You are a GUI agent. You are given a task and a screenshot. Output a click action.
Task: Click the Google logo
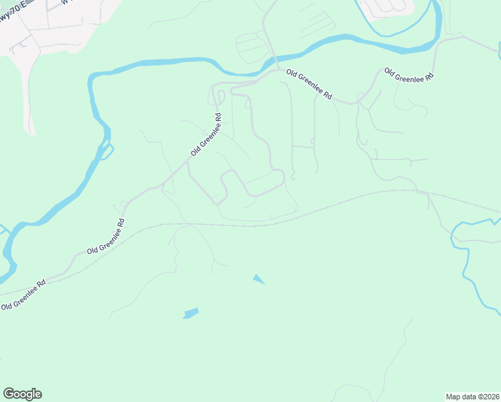click(x=22, y=394)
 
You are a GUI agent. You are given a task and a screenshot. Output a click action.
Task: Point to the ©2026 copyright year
click(x=488, y=397)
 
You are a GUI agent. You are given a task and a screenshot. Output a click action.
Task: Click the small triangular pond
click(x=258, y=279)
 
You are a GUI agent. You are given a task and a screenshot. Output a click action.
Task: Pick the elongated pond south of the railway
click(x=191, y=313)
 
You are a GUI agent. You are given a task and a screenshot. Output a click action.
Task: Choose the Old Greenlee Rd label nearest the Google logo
click(x=23, y=295)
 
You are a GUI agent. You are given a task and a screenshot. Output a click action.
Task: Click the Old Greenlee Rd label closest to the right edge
click(x=409, y=74)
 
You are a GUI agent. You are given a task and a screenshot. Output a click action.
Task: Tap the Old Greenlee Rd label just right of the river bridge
click(x=309, y=84)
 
